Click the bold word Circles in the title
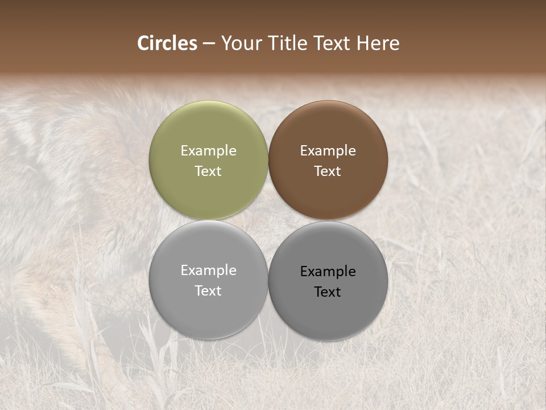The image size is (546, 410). pos(167,43)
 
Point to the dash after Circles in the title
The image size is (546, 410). pos(209,44)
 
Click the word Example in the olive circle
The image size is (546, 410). pos(209,151)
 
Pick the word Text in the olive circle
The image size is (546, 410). pos(208,171)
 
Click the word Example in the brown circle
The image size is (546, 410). pos(328,151)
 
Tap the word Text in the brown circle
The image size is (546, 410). pos(328,171)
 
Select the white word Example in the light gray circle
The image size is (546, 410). pos(209,270)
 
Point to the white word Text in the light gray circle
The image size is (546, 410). pos(208,290)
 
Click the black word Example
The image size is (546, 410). pos(328,272)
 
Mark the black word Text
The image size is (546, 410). pos(328,292)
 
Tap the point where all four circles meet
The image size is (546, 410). pos(268,220)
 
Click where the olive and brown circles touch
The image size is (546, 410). pos(268,160)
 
